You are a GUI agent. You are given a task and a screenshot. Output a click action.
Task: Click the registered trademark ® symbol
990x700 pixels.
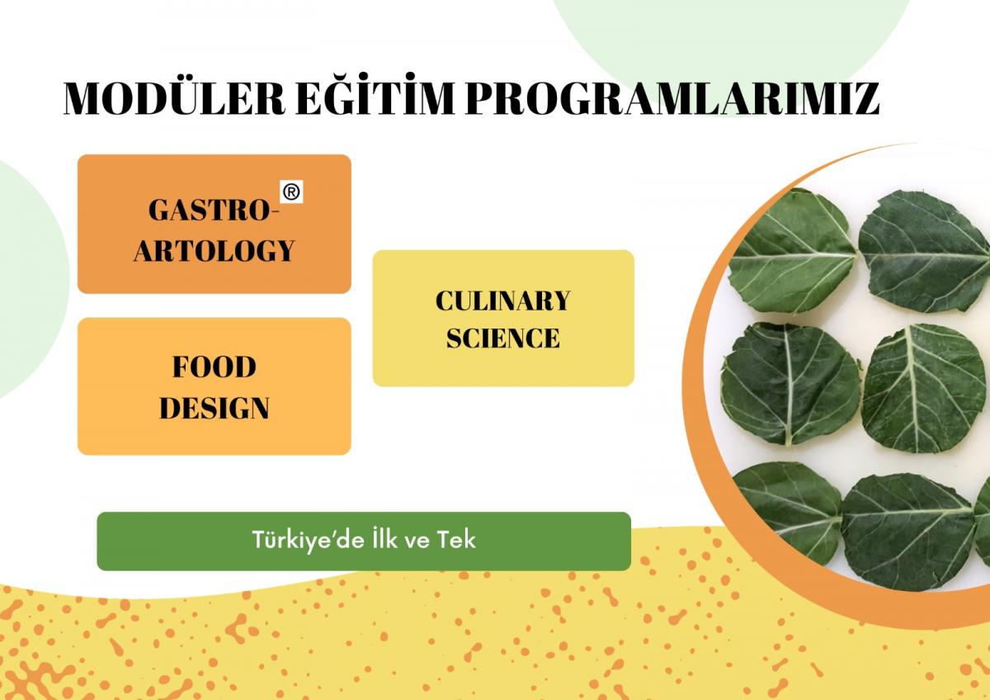[x=291, y=192]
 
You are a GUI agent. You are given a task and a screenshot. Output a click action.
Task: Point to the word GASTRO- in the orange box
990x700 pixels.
[x=214, y=210]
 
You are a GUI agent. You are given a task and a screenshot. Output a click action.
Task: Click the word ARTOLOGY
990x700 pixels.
[x=214, y=250]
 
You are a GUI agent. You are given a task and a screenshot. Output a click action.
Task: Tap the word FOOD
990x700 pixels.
[x=214, y=367]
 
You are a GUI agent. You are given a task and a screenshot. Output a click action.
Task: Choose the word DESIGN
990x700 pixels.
[x=214, y=408]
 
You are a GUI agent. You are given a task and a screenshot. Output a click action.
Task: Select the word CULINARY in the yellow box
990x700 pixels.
[x=503, y=300]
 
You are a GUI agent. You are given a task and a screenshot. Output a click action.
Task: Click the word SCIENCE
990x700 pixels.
[x=503, y=338]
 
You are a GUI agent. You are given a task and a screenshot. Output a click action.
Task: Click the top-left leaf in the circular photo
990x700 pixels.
[x=791, y=252]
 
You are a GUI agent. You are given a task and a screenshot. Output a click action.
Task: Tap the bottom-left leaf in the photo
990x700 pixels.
[x=787, y=513]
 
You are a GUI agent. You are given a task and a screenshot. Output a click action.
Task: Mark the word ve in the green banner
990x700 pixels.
[x=417, y=542]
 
